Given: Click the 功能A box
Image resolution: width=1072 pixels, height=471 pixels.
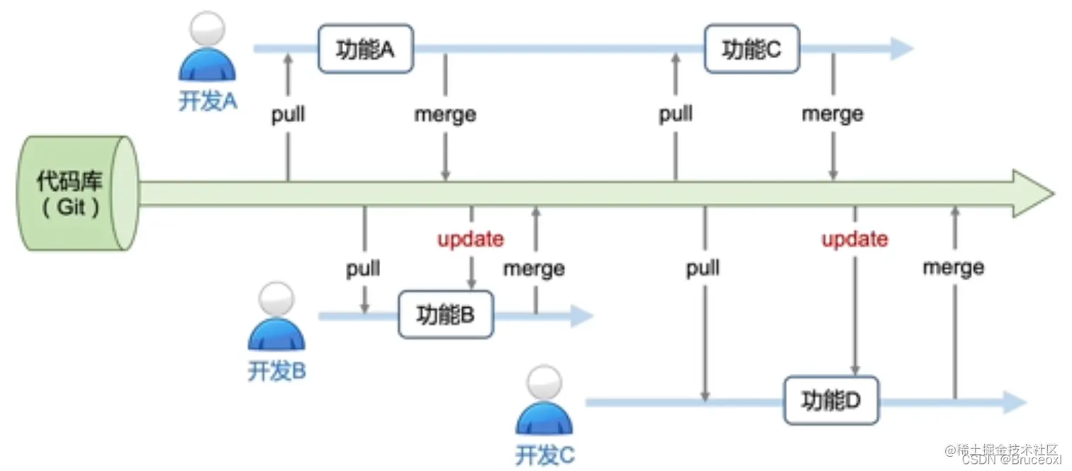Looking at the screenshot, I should (x=365, y=49).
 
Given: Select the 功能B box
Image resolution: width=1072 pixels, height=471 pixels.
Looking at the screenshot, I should (x=446, y=314).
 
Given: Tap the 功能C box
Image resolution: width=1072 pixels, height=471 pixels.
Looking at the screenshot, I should (x=752, y=49).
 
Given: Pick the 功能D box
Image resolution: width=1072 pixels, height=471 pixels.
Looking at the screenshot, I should (x=831, y=401).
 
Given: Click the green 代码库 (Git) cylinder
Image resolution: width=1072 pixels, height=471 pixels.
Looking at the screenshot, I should (x=72, y=193).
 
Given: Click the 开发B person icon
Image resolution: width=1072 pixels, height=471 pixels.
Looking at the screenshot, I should (x=277, y=318).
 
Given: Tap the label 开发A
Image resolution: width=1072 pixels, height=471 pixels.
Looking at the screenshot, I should (x=208, y=101).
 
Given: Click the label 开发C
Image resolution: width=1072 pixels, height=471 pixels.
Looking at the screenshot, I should (x=545, y=455).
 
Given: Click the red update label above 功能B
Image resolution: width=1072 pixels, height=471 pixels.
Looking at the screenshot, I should (x=471, y=240).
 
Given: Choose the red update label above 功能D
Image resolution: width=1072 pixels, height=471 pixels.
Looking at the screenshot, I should (x=854, y=240).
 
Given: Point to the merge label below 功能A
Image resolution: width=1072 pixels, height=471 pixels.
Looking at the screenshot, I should (x=445, y=115).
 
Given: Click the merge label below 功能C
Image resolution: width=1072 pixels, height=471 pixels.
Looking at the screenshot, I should (x=832, y=115).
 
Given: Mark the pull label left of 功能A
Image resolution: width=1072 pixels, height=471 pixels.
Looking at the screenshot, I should (x=288, y=115).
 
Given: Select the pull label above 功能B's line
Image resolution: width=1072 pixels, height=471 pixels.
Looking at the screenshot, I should (x=363, y=269).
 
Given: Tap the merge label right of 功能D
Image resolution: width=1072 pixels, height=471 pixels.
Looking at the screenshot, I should (x=954, y=268).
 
